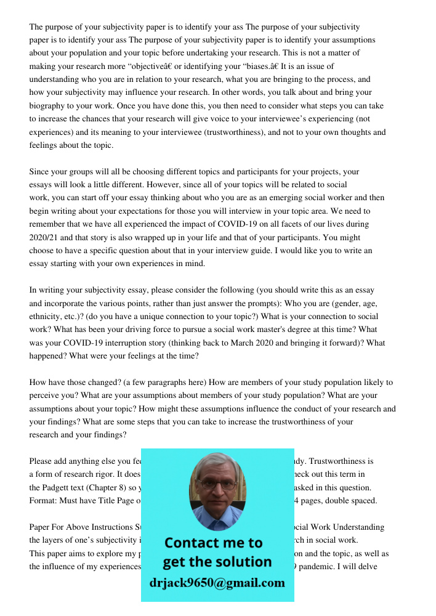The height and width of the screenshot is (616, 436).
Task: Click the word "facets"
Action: click(x=285, y=224)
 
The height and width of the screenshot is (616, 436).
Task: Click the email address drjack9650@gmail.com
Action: click(x=217, y=583)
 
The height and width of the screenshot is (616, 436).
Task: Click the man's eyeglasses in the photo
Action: click(x=216, y=485)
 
